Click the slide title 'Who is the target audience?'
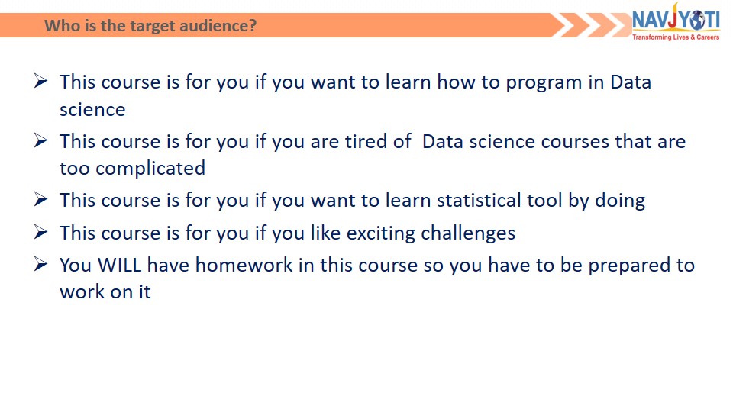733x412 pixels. [x=150, y=25]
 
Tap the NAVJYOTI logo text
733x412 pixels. [x=676, y=20]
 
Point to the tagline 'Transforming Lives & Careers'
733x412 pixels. [x=676, y=37]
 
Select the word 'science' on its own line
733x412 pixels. [x=92, y=110]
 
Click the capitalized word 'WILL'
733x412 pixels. [x=120, y=265]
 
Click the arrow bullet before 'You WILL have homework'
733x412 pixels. [x=40, y=264]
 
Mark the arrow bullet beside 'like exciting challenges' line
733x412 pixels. [x=40, y=232]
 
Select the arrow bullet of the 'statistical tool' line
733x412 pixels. [x=40, y=199]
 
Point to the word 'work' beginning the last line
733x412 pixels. [x=82, y=291]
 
